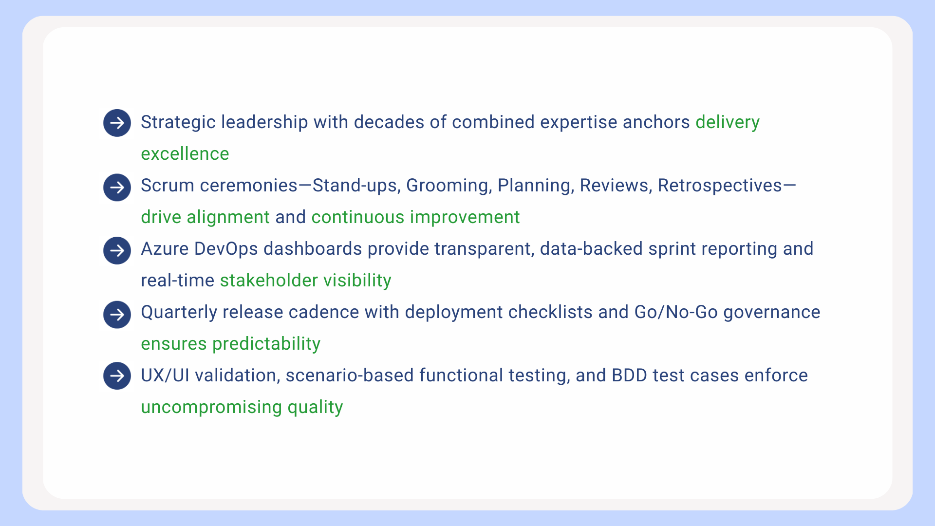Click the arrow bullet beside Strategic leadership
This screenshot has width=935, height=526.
[117, 123]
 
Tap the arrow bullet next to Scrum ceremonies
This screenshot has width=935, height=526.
[117, 188]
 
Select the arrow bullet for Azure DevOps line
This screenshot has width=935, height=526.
[117, 251]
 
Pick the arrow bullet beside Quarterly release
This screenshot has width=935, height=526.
[117, 315]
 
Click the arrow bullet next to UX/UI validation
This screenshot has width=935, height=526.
[117, 376]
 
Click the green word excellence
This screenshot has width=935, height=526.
[185, 154]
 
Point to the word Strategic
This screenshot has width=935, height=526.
[178, 123]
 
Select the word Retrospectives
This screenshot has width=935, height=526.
[720, 186]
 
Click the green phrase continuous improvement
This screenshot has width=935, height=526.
[415, 217]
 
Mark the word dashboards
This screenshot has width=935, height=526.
[313, 249]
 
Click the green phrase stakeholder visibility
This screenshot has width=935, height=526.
[305, 281]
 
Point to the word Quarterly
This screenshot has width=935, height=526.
[179, 312]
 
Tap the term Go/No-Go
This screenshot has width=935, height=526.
[676, 312]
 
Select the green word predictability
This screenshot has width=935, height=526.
[266, 344]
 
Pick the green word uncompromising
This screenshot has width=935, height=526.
[211, 407]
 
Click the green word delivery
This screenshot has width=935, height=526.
[728, 122]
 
